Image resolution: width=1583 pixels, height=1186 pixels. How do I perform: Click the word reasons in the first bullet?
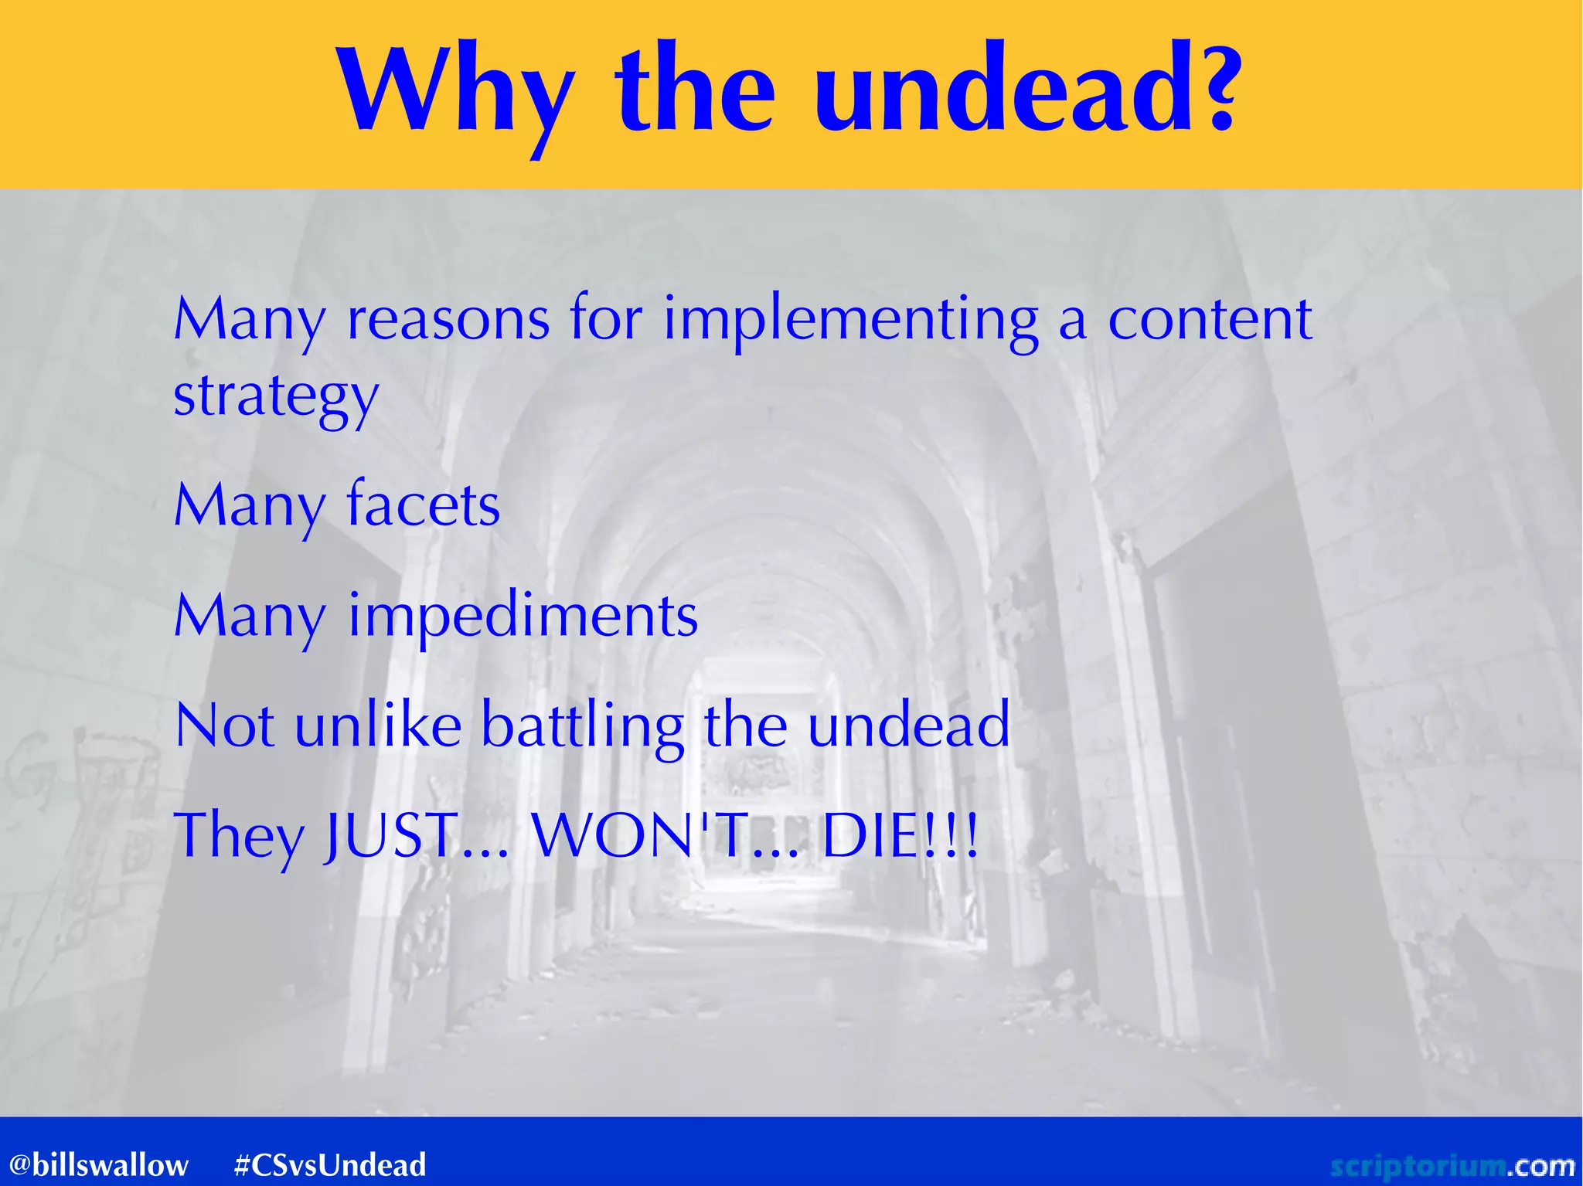pos(448,319)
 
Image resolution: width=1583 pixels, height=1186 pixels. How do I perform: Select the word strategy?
pos(276,396)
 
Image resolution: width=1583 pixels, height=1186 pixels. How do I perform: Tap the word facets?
pos(424,505)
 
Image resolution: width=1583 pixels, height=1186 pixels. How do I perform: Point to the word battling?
pos(583,727)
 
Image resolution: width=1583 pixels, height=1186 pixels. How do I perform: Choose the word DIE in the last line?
pos(870,836)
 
